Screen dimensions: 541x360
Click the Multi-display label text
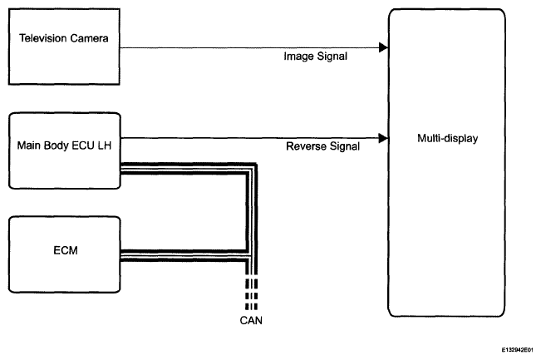447,138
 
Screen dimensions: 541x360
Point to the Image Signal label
315,57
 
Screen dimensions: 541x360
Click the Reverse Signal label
322,146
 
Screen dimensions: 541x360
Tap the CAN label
251,321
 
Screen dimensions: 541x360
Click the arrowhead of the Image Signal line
383,47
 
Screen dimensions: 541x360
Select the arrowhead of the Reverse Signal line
383,138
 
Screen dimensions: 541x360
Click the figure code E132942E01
517,350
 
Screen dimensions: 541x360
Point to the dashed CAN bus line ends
251,294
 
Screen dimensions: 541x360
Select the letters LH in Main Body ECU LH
105,145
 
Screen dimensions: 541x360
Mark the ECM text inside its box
66,250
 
